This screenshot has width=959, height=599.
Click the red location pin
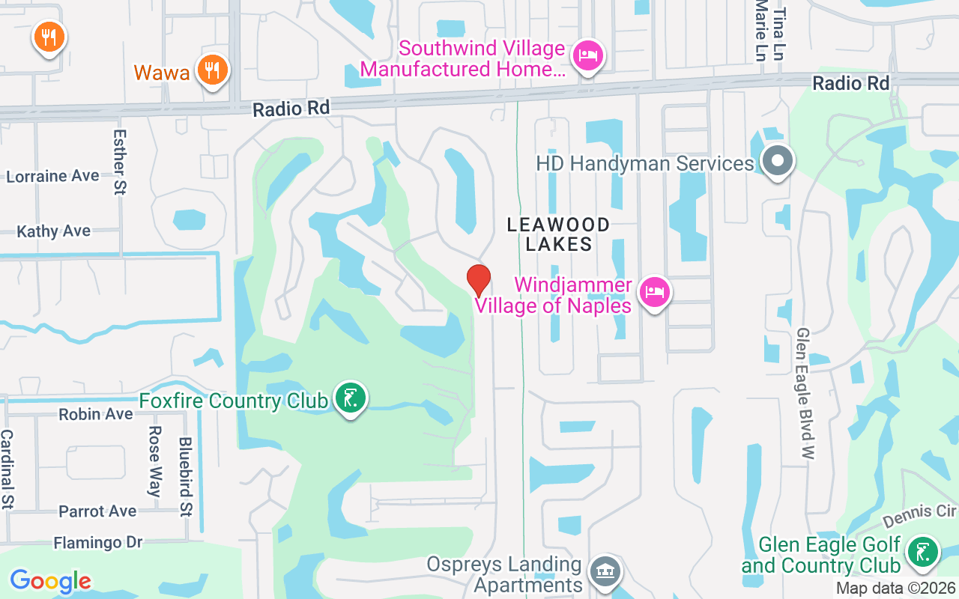click(479, 281)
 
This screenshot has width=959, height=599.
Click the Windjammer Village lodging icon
click(655, 292)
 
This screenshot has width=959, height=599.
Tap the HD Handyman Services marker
click(778, 161)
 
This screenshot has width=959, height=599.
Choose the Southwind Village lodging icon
click(588, 56)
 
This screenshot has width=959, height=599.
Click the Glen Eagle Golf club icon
click(922, 553)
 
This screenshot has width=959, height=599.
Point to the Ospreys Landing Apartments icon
click(605, 571)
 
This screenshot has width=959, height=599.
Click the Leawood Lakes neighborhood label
click(558, 234)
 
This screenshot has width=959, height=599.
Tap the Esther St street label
click(119, 162)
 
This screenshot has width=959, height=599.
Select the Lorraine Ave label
click(52, 176)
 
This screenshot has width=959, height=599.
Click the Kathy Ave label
click(53, 231)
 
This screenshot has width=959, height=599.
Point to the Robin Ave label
click(96, 413)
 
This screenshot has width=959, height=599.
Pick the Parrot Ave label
click(97, 511)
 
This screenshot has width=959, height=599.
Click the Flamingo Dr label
click(97, 541)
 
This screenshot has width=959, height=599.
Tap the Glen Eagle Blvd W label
click(805, 393)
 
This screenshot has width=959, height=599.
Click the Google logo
click(50, 580)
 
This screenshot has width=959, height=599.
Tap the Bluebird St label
click(185, 477)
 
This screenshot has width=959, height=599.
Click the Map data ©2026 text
click(895, 588)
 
